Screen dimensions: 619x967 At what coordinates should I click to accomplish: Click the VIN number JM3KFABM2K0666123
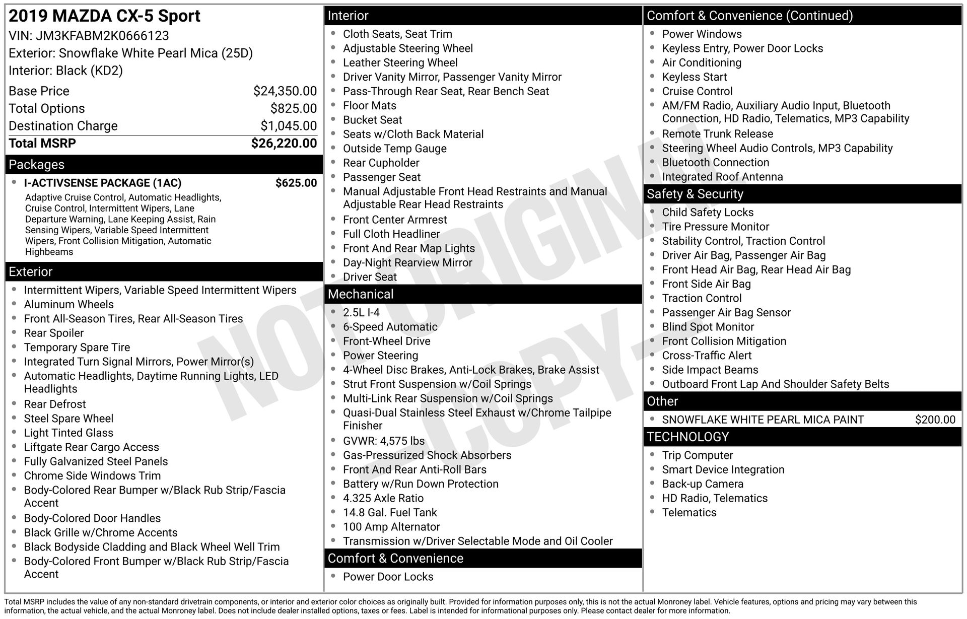click(102, 36)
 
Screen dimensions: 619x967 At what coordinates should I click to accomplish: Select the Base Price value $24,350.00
click(285, 91)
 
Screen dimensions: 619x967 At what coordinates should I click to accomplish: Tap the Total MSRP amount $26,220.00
click(284, 144)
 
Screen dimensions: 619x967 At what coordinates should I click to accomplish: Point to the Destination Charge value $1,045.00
click(289, 126)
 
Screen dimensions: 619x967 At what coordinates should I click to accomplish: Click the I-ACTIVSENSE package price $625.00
click(296, 183)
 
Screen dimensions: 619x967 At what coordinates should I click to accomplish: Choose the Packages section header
click(37, 165)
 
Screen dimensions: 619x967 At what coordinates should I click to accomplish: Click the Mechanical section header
click(361, 294)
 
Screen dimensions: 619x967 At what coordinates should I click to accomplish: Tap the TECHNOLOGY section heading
click(687, 437)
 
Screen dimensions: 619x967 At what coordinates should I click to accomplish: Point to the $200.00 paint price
click(935, 420)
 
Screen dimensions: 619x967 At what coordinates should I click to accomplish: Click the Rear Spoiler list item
click(54, 333)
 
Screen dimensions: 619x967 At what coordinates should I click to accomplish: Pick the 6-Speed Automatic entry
click(390, 327)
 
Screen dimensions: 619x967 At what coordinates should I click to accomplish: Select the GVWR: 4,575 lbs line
click(383, 441)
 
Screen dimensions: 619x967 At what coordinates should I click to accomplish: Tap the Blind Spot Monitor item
click(708, 327)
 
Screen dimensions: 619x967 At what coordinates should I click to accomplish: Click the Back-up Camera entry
click(703, 484)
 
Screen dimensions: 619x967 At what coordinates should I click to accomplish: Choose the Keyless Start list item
click(694, 77)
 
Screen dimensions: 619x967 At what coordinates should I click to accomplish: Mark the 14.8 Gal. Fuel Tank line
click(390, 513)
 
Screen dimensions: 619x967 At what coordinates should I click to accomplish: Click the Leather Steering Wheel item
click(400, 63)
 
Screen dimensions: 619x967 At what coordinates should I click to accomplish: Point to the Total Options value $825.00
click(294, 109)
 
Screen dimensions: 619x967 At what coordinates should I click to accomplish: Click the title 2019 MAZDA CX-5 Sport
click(105, 16)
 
